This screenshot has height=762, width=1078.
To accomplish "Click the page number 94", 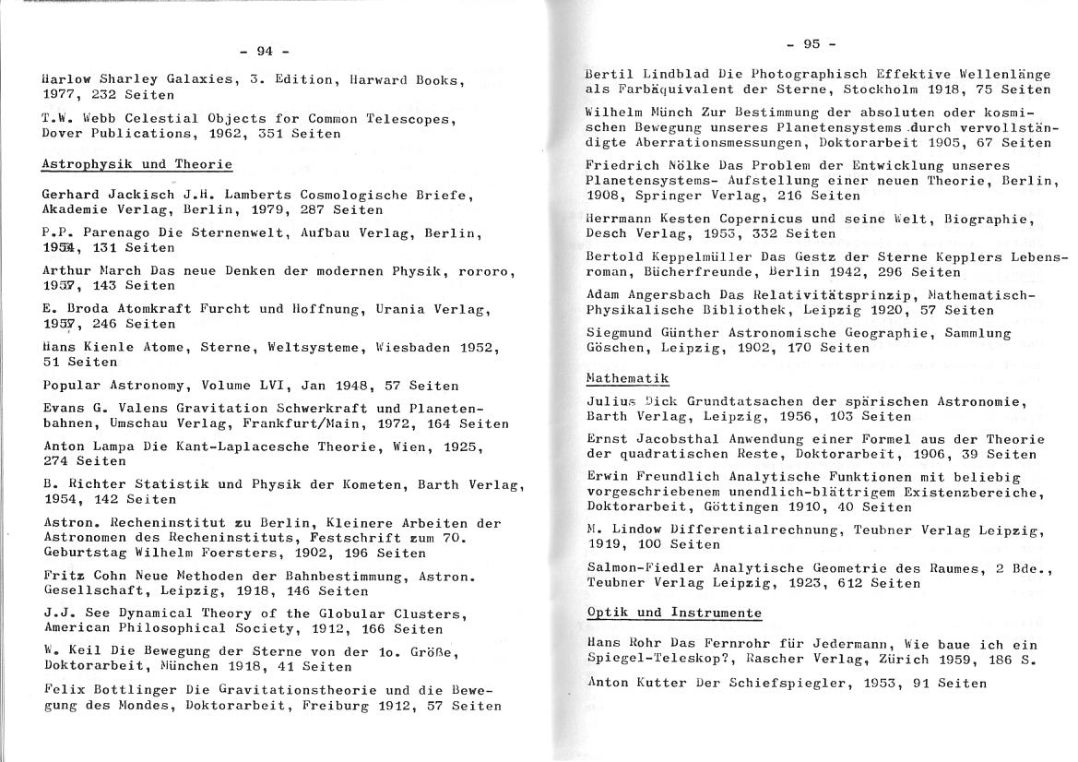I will (x=265, y=51).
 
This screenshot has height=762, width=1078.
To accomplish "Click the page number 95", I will (x=811, y=43).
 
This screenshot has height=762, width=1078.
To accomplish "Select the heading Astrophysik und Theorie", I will (x=137, y=165).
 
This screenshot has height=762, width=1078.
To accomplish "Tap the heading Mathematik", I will (x=627, y=378).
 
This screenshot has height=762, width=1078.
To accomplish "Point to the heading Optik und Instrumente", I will (x=674, y=613).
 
